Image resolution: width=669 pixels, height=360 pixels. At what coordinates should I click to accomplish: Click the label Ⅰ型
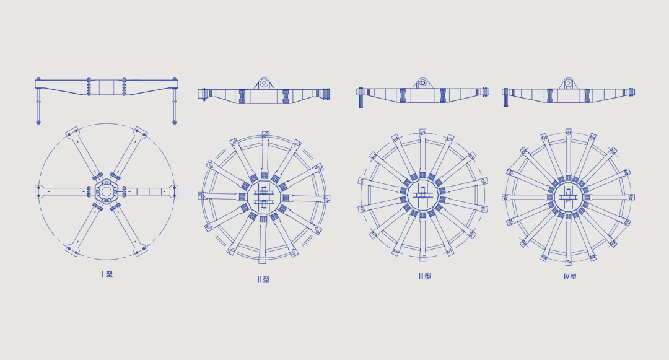107,274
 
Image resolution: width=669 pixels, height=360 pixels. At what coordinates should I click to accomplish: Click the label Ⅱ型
264,279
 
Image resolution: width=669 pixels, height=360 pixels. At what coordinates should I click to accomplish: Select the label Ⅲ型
425,276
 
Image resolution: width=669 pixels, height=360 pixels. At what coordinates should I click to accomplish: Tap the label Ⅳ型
570,276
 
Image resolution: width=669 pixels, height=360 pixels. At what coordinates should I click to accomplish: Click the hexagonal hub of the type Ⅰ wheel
107,191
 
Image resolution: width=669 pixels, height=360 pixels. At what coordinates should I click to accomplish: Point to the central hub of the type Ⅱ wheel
263,197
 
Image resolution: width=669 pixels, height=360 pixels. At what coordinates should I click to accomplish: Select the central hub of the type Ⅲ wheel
422,195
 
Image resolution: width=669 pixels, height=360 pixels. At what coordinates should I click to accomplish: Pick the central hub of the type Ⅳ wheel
568,196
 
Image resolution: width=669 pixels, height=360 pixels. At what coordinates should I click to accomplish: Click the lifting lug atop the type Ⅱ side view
263,84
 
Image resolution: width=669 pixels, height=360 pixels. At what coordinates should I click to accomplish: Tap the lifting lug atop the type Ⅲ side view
422,83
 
